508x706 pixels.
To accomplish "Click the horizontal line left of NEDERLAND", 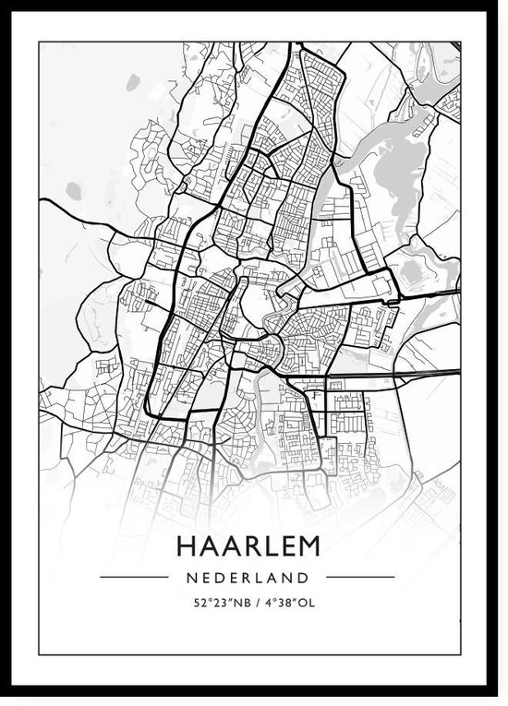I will [x=134, y=578].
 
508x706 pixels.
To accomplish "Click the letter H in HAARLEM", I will [x=185, y=546].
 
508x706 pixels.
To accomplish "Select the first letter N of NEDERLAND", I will [x=190, y=578].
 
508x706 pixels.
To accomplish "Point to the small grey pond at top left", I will [x=74, y=191].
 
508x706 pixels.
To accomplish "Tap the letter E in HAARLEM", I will [x=284, y=546].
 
